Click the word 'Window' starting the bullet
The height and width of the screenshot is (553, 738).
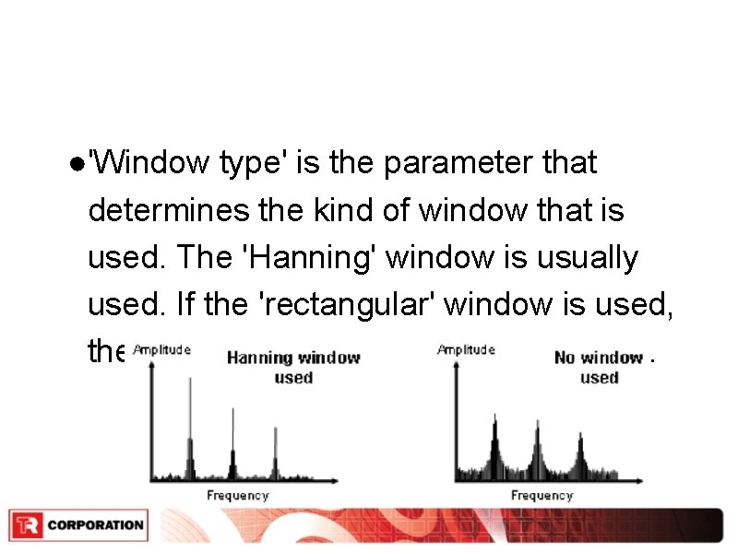point(153,163)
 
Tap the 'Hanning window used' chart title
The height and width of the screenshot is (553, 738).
point(293,367)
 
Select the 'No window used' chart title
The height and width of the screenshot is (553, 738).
point(599,367)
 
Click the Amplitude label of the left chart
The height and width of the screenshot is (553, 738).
point(161,349)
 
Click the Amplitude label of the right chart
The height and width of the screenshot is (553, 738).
point(466,349)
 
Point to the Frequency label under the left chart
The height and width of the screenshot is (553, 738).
point(237,496)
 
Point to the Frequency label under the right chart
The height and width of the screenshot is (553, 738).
point(542,496)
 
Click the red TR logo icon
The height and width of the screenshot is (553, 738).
point(27,525)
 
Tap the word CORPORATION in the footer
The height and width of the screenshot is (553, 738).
point(95,525)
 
